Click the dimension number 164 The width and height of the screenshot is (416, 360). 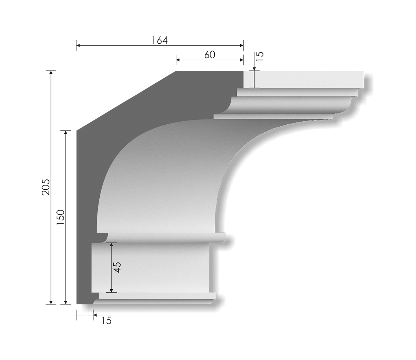click(160, 40)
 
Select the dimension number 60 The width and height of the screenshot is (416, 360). click(209, 54)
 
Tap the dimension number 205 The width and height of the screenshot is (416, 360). click(46, 187)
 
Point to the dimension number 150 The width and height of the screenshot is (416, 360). click(61, 218)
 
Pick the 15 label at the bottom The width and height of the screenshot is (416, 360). click(107, 320)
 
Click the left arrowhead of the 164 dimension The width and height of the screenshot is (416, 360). click(78, 46)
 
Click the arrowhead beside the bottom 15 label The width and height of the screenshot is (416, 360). click(95, 315)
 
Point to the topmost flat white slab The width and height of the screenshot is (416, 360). click(304, 79)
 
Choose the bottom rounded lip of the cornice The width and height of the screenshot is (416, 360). click(152, 301)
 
